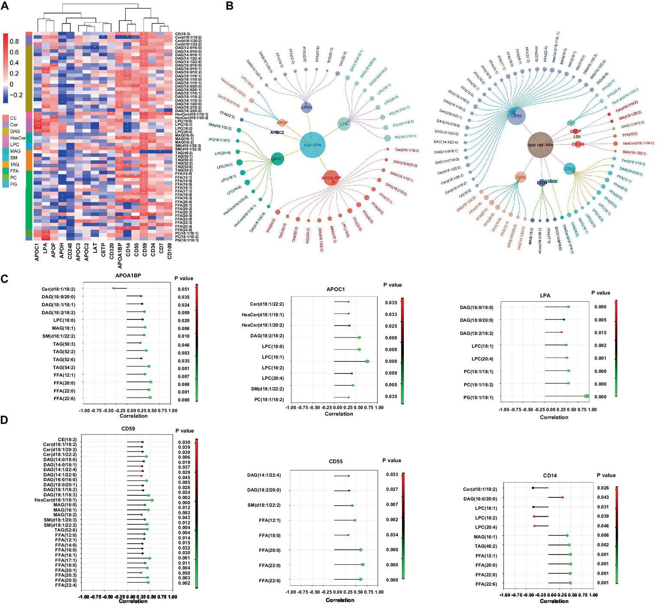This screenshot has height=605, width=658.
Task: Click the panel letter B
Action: [229, 6]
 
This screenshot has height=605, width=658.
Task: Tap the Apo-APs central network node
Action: [312, 145]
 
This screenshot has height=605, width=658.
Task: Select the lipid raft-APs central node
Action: [540, 145]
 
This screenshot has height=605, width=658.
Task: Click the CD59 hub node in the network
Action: [516, 116]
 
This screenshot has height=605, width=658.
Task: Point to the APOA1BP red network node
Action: [331, 178]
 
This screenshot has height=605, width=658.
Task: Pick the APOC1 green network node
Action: [277, 159]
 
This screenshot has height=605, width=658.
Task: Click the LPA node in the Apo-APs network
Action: [344, 124]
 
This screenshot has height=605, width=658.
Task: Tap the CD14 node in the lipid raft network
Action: [569, 169]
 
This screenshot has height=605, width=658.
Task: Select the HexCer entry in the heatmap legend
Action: [18, 138]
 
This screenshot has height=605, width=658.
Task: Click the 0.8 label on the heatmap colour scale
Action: [14, 42]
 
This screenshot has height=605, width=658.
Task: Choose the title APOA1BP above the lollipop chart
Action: [128, 275]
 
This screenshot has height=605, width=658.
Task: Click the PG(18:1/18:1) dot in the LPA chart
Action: [586, 396]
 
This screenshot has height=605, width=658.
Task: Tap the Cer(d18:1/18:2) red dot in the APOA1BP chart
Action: [113, 288]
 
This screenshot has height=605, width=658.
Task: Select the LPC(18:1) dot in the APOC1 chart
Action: [367, 361]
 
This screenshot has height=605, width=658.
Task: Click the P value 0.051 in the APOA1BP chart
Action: [183, 289]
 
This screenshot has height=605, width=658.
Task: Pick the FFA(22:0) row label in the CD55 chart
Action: [270, 565]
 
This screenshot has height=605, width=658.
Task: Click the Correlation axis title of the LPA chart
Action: [554, 417]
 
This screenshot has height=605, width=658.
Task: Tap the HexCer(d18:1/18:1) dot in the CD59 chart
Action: [152, 500]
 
